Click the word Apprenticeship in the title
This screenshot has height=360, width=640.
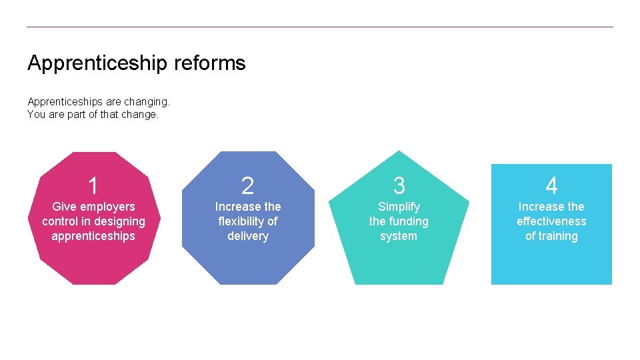tap(97, 63)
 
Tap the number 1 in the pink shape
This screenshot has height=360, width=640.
tap(93, 185)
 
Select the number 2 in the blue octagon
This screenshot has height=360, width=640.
tap(247, 186)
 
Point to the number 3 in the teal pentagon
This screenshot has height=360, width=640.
tap(399, 185)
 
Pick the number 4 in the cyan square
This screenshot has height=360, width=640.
tap(551, 185)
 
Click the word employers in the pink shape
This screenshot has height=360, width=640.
tap(109, 207)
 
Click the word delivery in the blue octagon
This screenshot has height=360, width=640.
tap(247, 236)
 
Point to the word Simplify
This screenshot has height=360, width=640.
tap(399, 207)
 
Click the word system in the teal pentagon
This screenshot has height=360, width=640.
tap(399, 236)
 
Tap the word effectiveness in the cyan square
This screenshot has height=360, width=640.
tap(551, 221)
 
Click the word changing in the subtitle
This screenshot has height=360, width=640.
tap(147, 102)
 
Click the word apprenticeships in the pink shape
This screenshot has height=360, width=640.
tap(93, 236)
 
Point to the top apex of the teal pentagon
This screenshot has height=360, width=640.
tap(399, 152)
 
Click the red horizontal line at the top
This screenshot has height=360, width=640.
tap(320, 27)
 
